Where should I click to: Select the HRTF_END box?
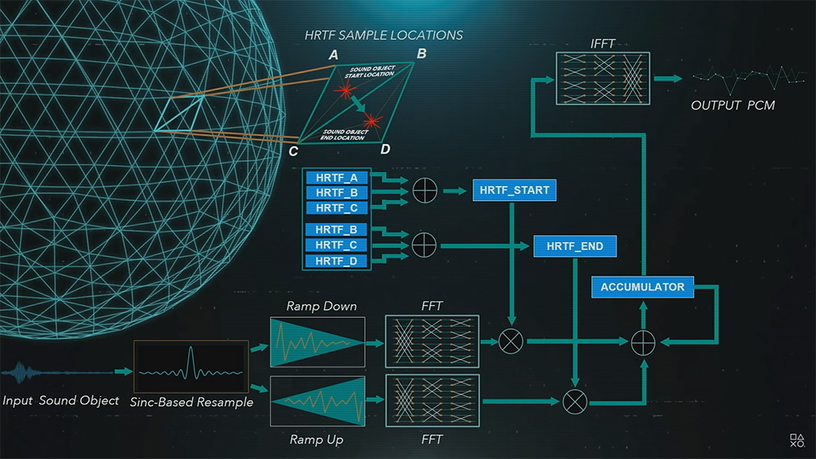click(x=575, y=246)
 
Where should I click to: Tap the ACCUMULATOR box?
click(x=642, y=287)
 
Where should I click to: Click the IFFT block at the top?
click(x=602, y=78)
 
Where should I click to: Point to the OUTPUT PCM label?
click(x=732, y=105)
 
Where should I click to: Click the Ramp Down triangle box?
click(x=317, y=342)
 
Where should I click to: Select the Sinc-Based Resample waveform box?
click(x=190, y=370)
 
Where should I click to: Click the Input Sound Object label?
click(x=61, y=400)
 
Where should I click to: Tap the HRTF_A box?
click(x=336, y=178)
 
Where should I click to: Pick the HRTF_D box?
click(x=336, y=261)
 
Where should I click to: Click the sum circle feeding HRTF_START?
click(x=425, y=191)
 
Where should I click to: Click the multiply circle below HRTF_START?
click(x=512, y=342)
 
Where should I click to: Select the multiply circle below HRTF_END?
click(x=575, y=401)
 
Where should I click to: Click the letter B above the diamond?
click(x=422, y=54)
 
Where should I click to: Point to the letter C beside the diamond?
click(x=293, y=151)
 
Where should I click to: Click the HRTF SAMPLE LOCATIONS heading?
click(x=383, y=35)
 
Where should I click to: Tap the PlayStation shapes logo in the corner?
click(x=797, y=439)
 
